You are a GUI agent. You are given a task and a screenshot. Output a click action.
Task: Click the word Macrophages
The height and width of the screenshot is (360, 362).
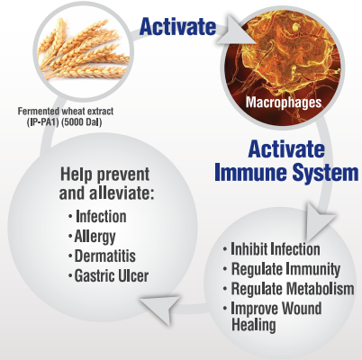tap(284, 103)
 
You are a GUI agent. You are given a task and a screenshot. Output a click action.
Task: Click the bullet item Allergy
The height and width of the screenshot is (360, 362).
tap(95, 237)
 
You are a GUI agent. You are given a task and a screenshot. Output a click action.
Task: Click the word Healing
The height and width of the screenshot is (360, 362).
tap(254, 325)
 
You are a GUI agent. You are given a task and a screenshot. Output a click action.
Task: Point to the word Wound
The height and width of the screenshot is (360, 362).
tap(302, 308)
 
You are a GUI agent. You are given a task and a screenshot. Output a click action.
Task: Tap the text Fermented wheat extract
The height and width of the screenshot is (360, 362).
tap(66, 112)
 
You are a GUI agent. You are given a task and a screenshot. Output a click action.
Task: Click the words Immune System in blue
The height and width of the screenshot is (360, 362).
tap(286, 173)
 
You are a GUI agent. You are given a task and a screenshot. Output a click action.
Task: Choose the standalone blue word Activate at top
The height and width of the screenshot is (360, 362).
tap(177, 26)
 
